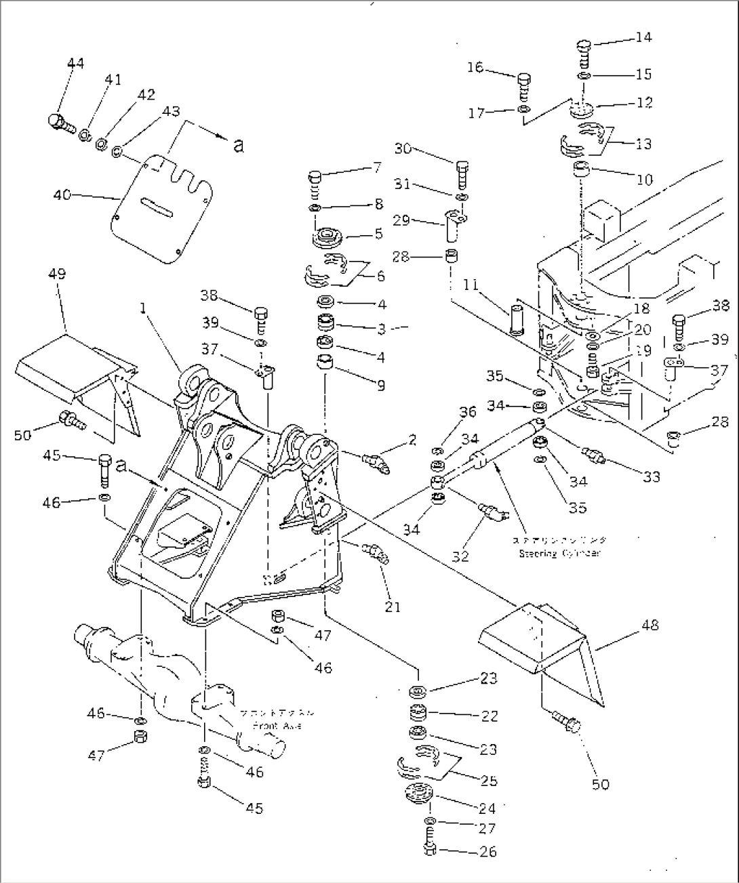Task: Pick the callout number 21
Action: (392, 607)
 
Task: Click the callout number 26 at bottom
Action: (487, 851)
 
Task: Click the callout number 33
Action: (651, 477)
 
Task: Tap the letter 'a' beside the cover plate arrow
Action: (238, 144)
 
